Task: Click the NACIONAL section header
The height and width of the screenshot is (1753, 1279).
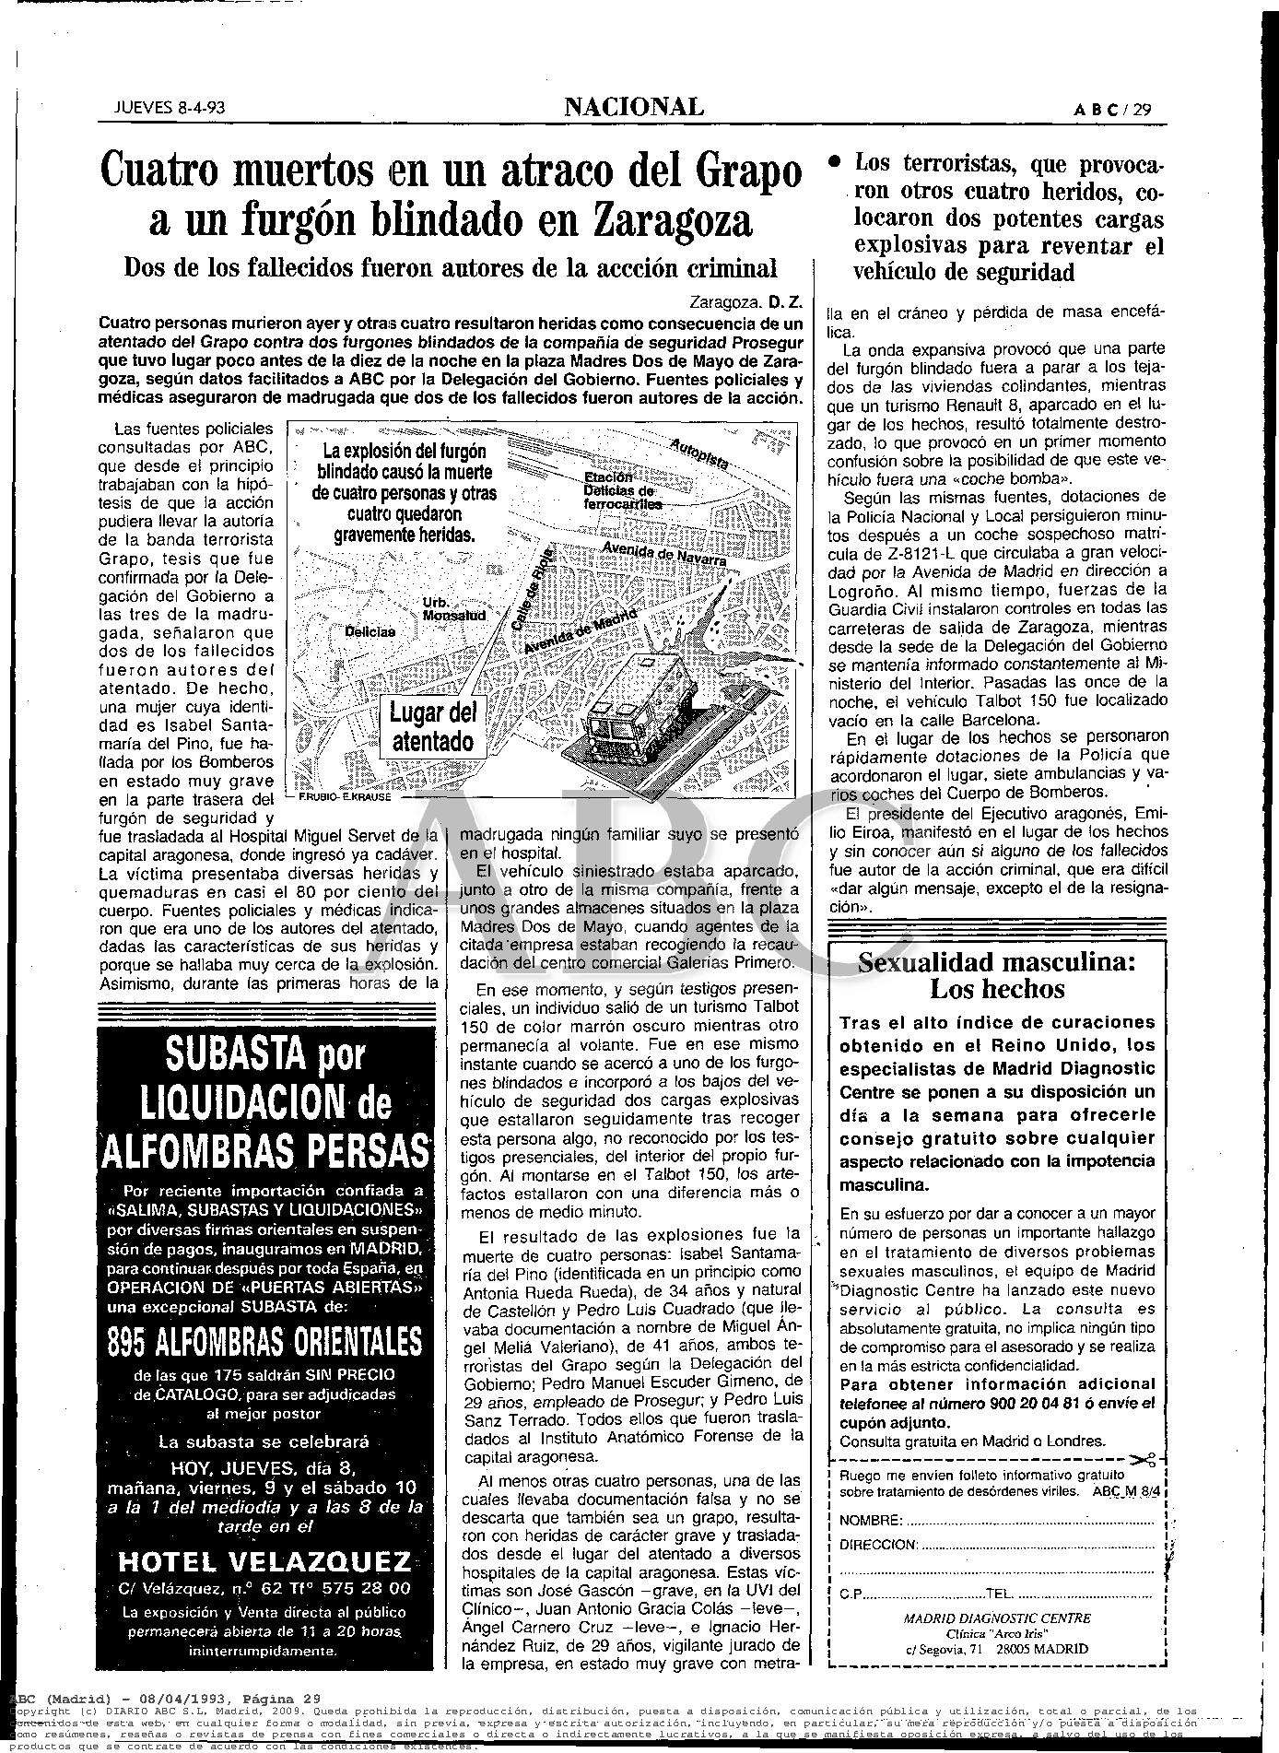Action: [634, 108]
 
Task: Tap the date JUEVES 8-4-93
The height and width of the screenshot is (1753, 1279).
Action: [170, 108]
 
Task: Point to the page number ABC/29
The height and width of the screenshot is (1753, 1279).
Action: [1113, 110]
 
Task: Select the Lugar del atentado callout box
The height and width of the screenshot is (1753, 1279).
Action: [431, 727]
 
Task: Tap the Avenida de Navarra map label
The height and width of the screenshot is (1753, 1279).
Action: [663, 554]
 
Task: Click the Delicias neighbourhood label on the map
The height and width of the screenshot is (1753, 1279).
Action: [370, 632]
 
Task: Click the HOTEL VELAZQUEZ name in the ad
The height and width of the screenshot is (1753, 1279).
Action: [265, 1560]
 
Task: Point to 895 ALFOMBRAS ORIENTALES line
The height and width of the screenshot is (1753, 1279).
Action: [265, 1342]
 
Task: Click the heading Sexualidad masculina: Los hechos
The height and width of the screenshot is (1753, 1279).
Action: [996, 976]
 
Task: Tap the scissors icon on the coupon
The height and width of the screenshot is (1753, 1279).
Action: [1144, 1460]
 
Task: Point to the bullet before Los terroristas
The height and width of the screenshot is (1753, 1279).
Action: [834, 161]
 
